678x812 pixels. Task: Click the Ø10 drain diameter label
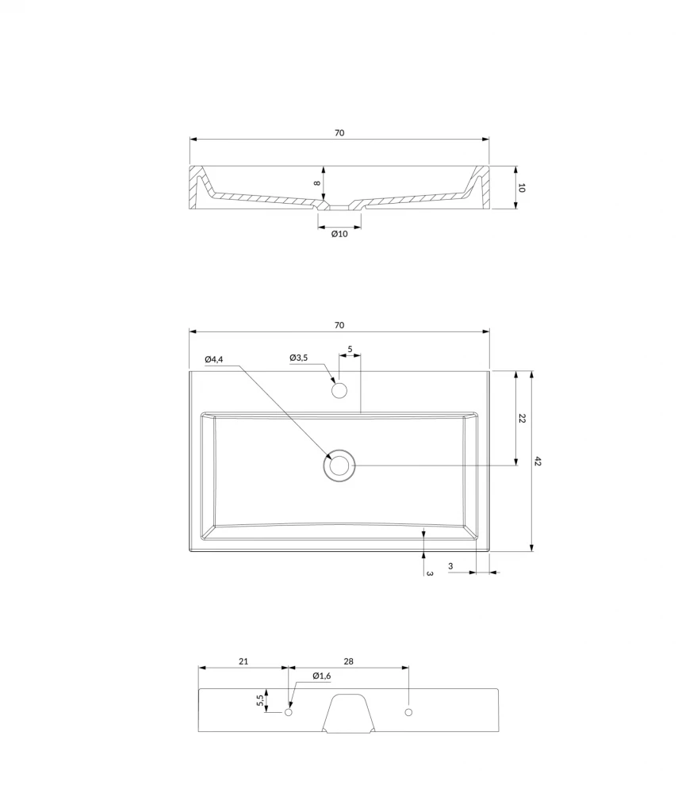click(339, 234)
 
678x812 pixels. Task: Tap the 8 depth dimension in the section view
click(317, 183)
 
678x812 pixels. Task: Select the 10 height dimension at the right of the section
click(522, 188)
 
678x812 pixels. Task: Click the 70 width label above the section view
click(339, 133)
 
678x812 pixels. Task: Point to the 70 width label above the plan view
click(339, 325)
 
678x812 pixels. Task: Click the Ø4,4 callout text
click(213, 359)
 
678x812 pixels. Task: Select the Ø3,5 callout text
click(299, 358)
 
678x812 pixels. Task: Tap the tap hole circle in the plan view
click(339, 390)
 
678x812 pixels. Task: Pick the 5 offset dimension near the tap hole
click(350, 349)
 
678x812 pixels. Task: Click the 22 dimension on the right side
click(522, 419)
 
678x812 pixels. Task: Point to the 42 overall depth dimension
click(538, 461)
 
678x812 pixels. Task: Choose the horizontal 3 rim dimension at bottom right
click(450, 566)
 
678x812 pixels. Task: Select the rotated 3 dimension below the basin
click(429, 574)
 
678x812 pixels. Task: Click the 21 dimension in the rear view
click(243, 661)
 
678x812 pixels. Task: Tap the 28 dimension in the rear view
click(349, 661)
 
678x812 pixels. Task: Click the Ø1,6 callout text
click(322, 676)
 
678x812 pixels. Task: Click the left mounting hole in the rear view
click(289, 712)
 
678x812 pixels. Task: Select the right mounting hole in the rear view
click(408, 712)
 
